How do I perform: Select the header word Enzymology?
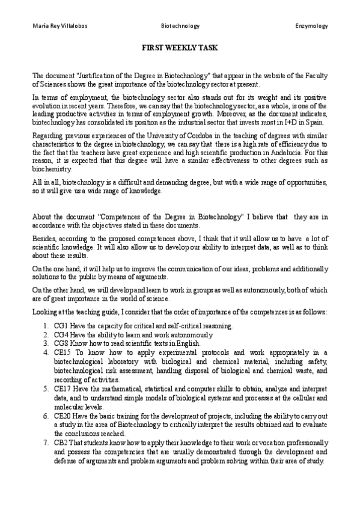[311, 26]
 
